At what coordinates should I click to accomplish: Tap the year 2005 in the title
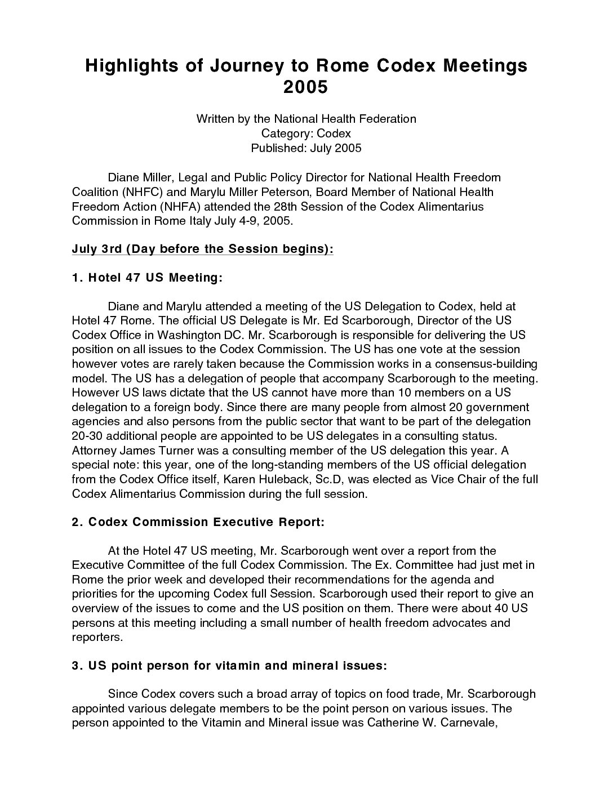[x=305, y=87]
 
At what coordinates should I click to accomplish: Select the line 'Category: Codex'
[x=306, y=133]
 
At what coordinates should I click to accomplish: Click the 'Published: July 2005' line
[x=306, y=148]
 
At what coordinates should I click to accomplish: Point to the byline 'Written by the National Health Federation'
[x=306, y=119]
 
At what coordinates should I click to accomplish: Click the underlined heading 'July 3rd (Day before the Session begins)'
[x=203, y=249]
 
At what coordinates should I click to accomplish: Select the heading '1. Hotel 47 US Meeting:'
[x=148, y=278]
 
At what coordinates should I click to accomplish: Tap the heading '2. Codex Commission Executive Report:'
[x=198, y=522]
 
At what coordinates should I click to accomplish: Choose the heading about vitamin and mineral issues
[x=229, y=666]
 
